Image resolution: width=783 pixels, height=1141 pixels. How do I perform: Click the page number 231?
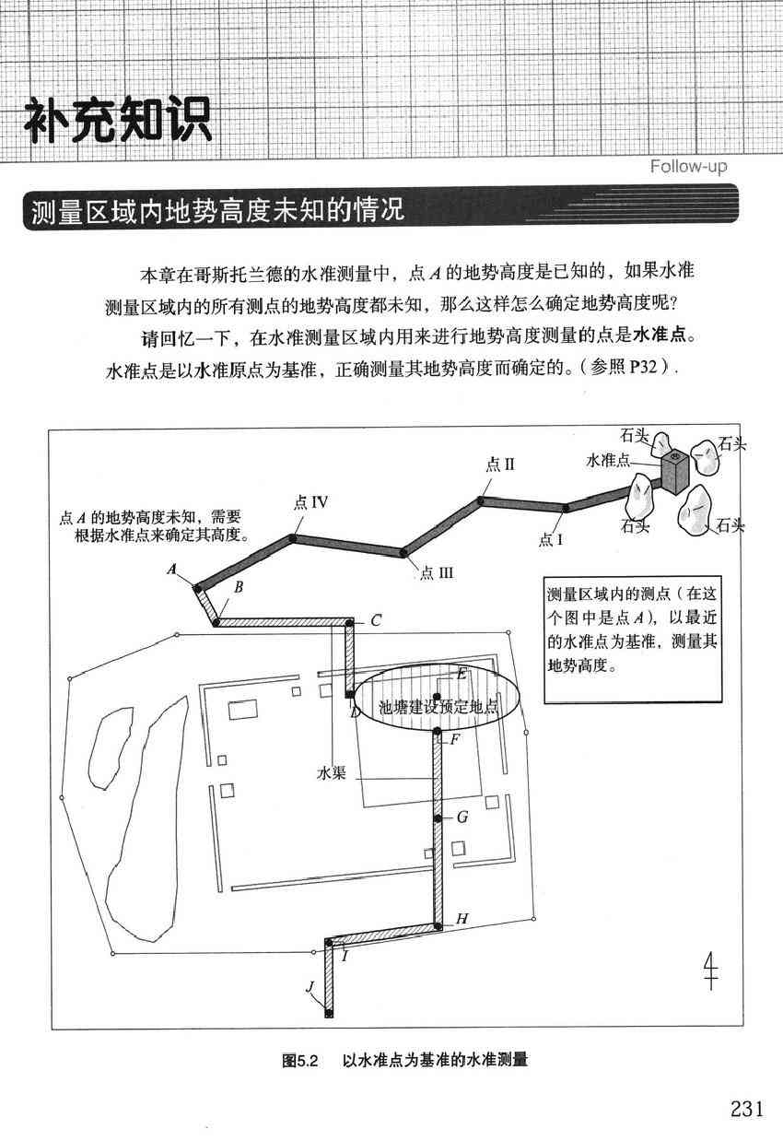click(x=747, y=1109)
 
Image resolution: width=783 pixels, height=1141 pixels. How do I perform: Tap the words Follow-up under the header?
click(x=688, y=166)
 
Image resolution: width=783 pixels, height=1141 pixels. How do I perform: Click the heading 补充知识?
click(x=118, y=120)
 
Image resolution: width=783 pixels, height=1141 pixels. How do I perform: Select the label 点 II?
click(x=500, y=464)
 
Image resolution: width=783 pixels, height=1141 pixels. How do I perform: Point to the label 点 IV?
click(x=310, y=502)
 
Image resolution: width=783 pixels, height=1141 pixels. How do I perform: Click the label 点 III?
click(x=437, y=573)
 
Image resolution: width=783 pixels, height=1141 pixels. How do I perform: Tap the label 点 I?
click(x=551, y=539)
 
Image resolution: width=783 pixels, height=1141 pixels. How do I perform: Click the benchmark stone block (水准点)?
click(x=675, y=473)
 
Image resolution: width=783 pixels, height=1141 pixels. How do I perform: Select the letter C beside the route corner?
click(x=376, y=620)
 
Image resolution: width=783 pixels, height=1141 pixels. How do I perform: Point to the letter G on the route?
click(x=462, y=817)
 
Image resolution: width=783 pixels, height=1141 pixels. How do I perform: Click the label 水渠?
click(x=331, y=773)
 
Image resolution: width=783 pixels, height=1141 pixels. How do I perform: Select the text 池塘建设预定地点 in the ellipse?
click(x=438, y=707)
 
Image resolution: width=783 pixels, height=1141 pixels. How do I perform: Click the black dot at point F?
click(x=437, y=732)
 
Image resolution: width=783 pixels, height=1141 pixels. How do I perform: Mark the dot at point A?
click(x=196, y=588)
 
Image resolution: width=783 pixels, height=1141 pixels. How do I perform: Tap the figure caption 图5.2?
click(x=300, y=1061)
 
